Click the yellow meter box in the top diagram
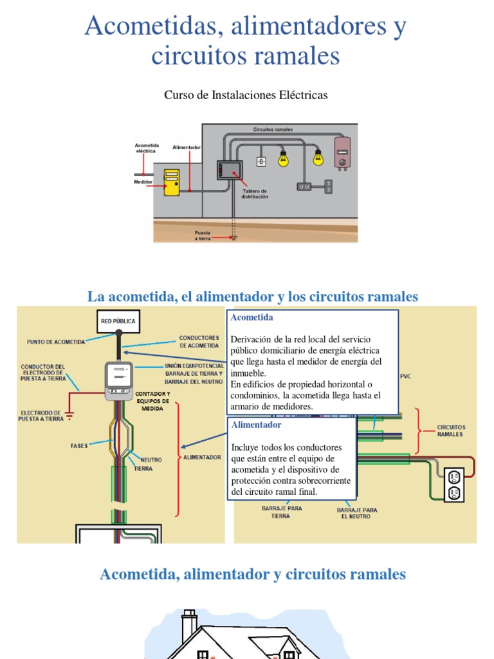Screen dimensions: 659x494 coord(172,182)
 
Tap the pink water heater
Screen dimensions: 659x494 coord(342,153)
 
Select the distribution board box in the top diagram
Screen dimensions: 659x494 coord(229,170)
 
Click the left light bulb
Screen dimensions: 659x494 coord(283,158)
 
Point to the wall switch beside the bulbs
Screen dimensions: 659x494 coord(262,162)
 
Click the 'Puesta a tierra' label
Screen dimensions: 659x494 coord(203,236)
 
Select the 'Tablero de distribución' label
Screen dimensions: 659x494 coord(255,194)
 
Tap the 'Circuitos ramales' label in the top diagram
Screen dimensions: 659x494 coord(273,129)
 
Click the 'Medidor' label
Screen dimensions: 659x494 coord(143,182)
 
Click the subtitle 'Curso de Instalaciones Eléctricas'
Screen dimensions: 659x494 coord(246,95)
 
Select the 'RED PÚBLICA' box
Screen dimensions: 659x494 coord(118,321)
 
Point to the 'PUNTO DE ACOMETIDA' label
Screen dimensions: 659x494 coord(56,342)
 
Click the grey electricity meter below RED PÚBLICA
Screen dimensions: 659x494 coord(118,378)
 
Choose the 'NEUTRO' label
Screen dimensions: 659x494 coord(151,460)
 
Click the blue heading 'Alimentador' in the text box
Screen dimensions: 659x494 coord(256,425)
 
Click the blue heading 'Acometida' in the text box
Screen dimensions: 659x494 coord(252,318)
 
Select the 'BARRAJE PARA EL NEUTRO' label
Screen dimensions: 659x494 coord(357,513)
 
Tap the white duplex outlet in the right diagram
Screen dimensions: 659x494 coord(454,485)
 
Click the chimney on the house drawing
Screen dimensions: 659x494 coord(189,625)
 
